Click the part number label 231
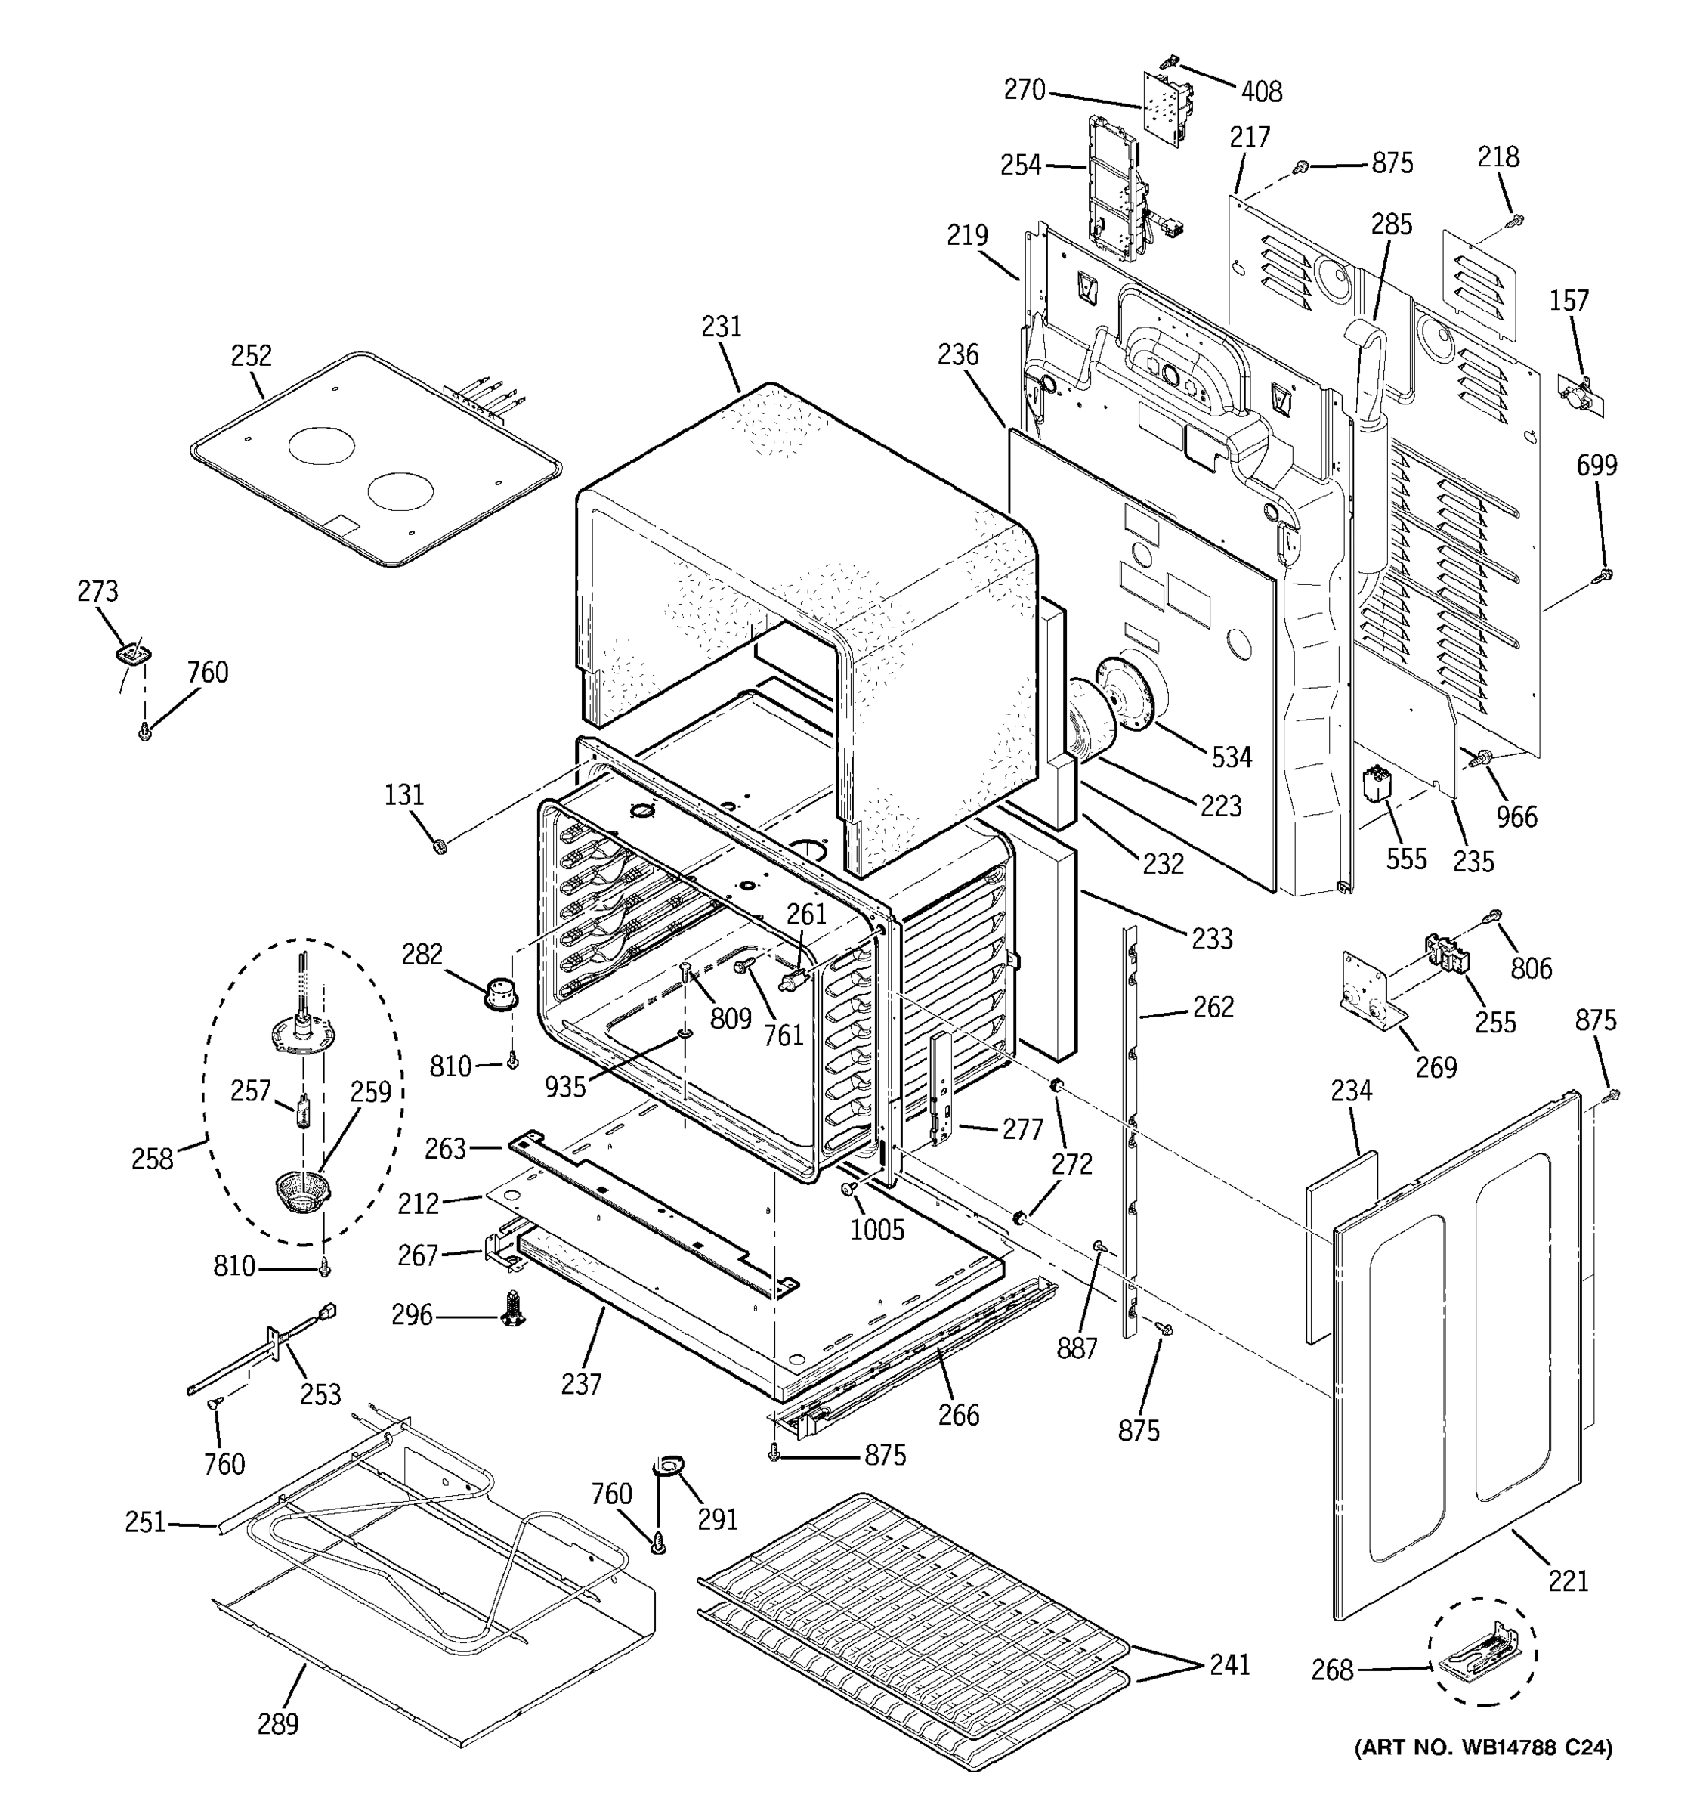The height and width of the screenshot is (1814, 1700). click(722, 327)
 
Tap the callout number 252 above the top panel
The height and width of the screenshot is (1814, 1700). click(251, 355)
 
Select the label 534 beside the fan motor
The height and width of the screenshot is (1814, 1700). click(1232, 757)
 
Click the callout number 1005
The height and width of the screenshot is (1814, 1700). click(877, 1229)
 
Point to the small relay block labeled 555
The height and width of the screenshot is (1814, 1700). click(1374, 785)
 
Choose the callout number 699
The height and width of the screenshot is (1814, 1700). click(1596, 466)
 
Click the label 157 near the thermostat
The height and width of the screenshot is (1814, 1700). click(1569, 300)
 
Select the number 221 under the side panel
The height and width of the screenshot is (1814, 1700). click(1568, 1580)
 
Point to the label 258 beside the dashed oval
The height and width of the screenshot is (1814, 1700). click(151, 1159)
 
